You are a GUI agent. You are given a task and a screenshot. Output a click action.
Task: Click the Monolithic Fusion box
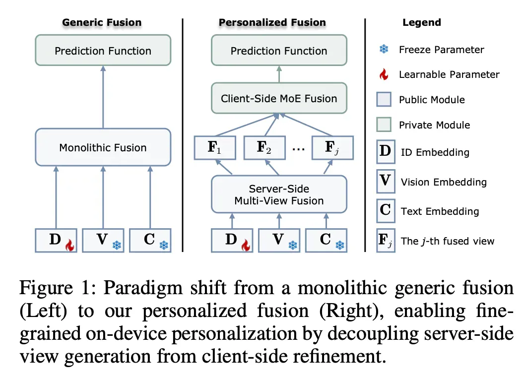pos(103,147)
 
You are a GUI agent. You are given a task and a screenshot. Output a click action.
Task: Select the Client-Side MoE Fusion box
pos(279,98)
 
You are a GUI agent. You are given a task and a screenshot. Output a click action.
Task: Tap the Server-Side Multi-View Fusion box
pos(279,194)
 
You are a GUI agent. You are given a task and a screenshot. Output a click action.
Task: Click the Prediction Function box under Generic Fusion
pos(103,50)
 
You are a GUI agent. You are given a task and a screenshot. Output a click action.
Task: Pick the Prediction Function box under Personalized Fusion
pos(279,50)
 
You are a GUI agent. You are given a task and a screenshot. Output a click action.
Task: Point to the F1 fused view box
pos(215,148)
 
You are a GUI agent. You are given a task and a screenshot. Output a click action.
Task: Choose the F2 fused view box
pos(264,148)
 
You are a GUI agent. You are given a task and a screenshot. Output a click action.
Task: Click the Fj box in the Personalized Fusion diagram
pos(332,148)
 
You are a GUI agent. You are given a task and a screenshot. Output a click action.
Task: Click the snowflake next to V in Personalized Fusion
pos(293,246)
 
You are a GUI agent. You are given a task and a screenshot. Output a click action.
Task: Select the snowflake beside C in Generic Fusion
pos(164,246)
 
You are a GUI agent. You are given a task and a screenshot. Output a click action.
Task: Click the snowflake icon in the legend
pos(384,49)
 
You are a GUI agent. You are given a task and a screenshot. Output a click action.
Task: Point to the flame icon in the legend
pos(384,74)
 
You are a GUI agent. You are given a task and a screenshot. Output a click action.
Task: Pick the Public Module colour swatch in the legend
pos(384,99)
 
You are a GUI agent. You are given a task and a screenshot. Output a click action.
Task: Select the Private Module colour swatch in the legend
pos(384,125)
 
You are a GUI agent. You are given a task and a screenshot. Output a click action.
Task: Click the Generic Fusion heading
pos(102,22)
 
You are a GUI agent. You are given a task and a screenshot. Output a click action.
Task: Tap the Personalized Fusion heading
pos(272,22)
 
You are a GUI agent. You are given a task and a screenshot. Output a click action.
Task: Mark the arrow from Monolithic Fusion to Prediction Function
pos(103,97)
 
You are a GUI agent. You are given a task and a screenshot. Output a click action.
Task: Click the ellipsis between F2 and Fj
pos(298,149)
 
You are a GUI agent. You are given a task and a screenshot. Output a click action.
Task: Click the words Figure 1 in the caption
pos(55,288)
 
